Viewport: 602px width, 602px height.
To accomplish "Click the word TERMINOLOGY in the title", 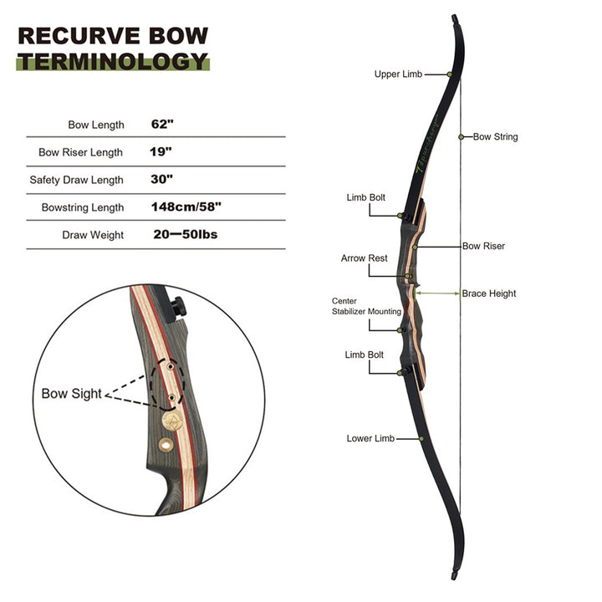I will pos(112,60).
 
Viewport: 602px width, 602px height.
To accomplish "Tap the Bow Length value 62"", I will pos(162,125).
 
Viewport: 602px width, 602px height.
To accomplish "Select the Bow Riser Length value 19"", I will pos(161,152).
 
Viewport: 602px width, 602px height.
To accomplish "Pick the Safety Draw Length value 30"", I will pos(162,180).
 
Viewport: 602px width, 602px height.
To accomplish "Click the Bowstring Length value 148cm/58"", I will pos(187,207).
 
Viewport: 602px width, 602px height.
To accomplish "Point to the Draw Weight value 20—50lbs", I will pos(186,235).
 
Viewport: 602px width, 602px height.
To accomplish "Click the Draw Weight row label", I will pos(93,235).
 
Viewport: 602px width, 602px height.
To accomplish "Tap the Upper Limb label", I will pos(398,74).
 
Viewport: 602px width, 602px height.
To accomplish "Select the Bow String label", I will pos(496,136).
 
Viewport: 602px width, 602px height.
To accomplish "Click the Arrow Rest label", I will pos(364,258).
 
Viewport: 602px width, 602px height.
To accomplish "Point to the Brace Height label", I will pos(489,293).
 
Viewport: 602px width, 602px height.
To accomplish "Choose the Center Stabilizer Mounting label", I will pos(366,306).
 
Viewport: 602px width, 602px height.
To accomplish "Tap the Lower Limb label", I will pos(370,438).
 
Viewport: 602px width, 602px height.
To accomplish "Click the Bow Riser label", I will pos(483,247).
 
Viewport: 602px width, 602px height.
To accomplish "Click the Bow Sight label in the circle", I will pos(71,393).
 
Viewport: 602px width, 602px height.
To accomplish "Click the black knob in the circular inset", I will pos(177,308).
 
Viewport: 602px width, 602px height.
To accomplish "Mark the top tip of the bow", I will pos(455,18).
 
